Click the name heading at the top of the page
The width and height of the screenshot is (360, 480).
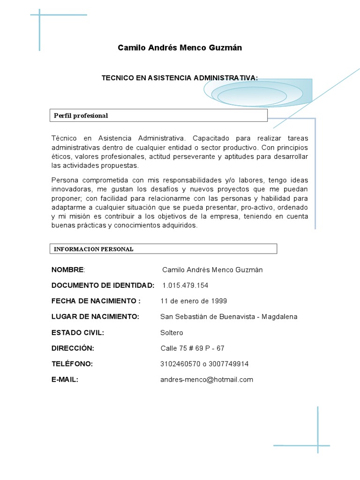[x=180, y=48]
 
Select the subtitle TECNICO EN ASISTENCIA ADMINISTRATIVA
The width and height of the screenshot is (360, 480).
[x=180, y=78]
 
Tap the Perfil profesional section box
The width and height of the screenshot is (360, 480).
[x=158, y=115]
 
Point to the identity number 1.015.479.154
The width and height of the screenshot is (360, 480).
[x=185, y=285]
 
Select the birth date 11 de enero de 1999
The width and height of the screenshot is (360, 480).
[x=194, y=301]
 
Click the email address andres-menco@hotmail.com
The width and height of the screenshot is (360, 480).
[x=206, y=380]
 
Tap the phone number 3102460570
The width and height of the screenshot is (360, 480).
[x=178, y=364]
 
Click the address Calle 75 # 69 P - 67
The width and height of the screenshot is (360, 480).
[x=192, y=348]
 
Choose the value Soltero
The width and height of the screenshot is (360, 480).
[x=172, y=333]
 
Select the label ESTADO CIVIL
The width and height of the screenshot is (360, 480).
[x=77, y=333]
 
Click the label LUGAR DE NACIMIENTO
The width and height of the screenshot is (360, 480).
[x=95, y=317]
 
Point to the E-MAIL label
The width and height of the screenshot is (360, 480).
[x=65, y=380]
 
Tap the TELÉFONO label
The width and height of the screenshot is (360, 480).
[x=72, y=364]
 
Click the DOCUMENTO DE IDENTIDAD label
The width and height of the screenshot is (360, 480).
[x=103, y=285]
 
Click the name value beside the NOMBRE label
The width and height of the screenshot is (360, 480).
[x=212, y=270]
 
